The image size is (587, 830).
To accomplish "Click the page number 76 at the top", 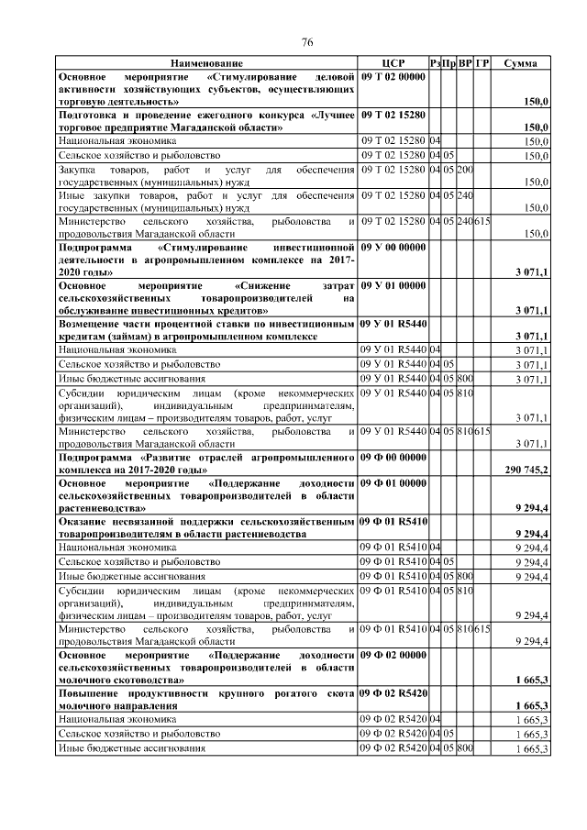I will (x=307, y=41).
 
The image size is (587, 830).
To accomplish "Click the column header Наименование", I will (x=206, y=63).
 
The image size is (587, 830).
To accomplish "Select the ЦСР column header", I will (x=393, y=63).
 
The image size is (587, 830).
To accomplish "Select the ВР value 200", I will (x=465, y=170).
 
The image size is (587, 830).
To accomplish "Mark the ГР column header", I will (x=482, y=63).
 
